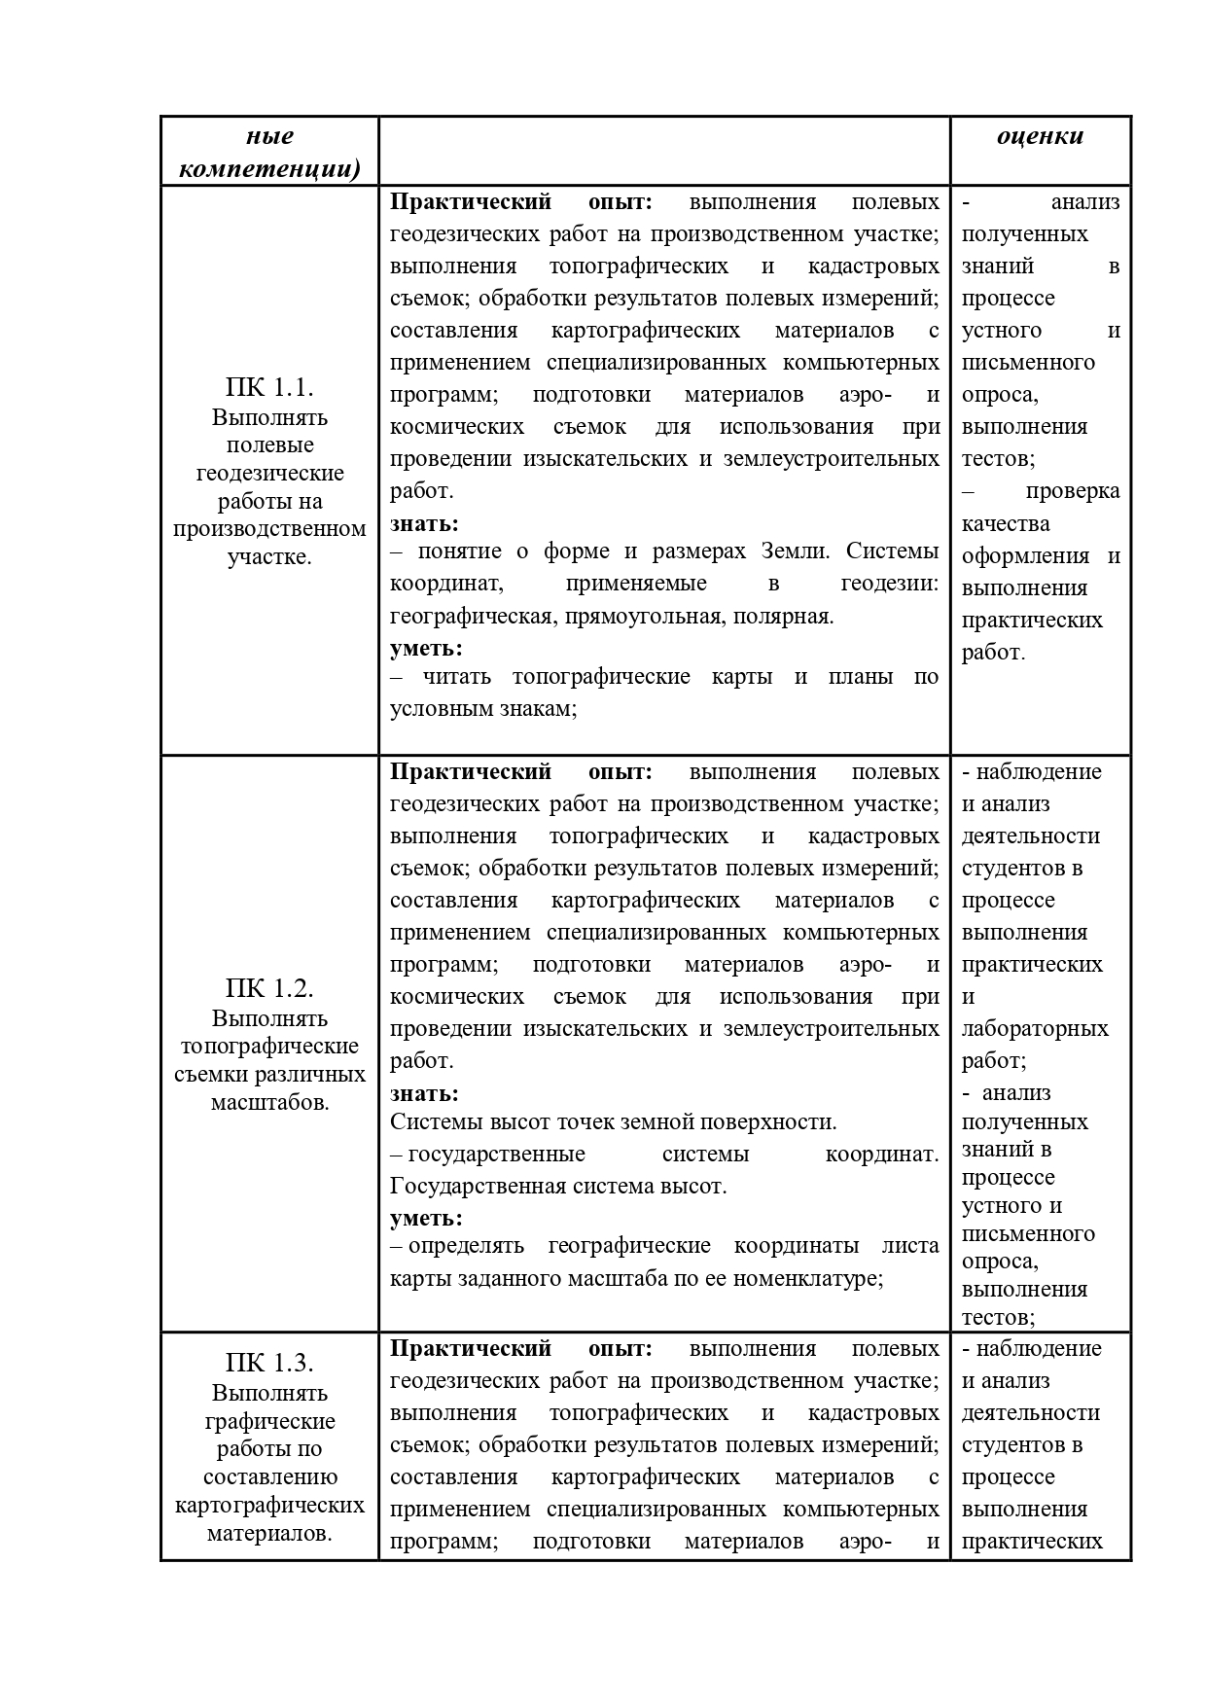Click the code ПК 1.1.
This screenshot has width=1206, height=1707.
(269, 387)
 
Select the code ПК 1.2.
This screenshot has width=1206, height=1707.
(269, 988)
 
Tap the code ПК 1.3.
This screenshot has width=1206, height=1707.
(269, 1362)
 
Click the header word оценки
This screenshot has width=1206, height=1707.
(1040, 136)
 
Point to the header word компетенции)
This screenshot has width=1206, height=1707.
(269, 169)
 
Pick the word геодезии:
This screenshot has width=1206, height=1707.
(889, 584)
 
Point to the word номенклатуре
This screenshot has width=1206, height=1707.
(793, 1278)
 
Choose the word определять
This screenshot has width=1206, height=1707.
(466, 1246)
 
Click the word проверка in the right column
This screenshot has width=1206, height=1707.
(1072, 491)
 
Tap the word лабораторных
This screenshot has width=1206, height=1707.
(1035, 1029)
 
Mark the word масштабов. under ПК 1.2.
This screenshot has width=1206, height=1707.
(269, 1103)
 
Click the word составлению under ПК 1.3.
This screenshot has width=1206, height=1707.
(269, 1476)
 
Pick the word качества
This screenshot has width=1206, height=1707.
(1006, 524)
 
